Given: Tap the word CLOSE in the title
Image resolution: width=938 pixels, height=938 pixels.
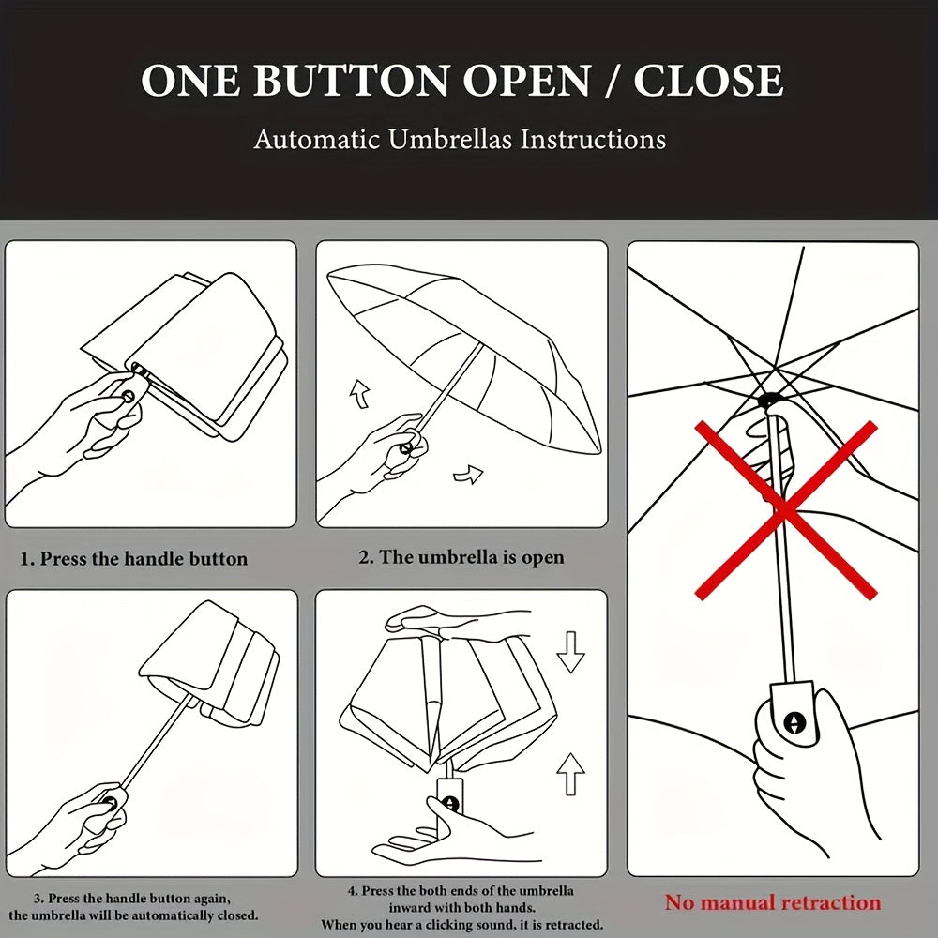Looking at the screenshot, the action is pos(708,80).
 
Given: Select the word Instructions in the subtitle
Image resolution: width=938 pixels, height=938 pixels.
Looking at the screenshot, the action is pos(592,139).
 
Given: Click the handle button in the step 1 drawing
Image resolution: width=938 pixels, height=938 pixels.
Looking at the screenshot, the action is pos(128,396).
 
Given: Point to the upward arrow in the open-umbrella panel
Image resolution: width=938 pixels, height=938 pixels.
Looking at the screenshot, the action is pos(359,394).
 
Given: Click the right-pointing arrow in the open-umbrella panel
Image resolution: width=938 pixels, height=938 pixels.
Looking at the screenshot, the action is pos(468,475).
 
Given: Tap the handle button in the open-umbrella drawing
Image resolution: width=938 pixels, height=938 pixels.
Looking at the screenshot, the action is pos(406,447).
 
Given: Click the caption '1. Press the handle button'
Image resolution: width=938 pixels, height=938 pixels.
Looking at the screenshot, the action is pos(134,559).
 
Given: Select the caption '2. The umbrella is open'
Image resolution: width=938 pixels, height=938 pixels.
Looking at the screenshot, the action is pos(461,557).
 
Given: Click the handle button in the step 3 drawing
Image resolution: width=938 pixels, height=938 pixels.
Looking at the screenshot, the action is pos(110,802).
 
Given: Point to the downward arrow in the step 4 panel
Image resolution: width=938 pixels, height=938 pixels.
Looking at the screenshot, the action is pos(570,652).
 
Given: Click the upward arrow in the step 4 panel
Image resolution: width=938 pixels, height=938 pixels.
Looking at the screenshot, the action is pos(570,774).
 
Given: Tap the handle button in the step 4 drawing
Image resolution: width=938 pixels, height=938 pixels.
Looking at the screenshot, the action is pos(450,804).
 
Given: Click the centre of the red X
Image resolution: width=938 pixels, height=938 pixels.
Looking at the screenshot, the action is pos(785,509).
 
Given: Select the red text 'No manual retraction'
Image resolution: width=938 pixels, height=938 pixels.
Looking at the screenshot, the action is pos(772,902).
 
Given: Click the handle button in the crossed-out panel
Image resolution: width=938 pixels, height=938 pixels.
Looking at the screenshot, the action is pos(794,722).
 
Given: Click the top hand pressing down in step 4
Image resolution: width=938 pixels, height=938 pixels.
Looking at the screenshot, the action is pos(443,620).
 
